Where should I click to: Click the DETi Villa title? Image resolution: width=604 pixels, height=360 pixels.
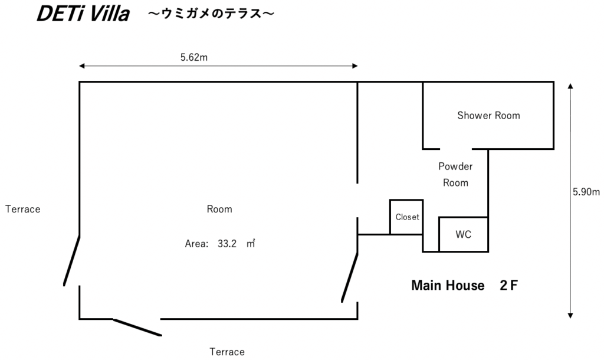click(83, 14)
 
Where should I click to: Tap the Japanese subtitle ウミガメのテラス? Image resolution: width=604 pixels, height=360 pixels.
click(211, 14)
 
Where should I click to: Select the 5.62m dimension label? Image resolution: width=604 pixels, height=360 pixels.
click(193, 57)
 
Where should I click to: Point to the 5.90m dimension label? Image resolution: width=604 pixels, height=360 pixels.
click(586, 192)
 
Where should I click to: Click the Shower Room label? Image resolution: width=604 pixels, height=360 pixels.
click(488, 115)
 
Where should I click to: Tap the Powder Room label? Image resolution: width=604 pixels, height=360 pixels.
click(455, 174)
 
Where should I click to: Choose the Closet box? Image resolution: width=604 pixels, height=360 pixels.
click(406, 217)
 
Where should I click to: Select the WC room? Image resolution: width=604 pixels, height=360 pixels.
click(464, 234)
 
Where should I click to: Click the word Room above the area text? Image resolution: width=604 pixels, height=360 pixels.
click(219, 209)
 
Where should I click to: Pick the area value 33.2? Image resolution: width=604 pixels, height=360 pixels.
click(227, 244)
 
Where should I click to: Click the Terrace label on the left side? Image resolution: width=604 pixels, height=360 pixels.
click(23, 209)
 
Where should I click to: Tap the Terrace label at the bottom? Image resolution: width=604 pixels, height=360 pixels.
click(227, 352)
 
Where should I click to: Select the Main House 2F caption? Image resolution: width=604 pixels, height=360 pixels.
click(465, 285)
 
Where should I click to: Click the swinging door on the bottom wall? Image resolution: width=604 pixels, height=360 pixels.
click(137, 328)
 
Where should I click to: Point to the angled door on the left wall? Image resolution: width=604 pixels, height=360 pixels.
click(71, 260)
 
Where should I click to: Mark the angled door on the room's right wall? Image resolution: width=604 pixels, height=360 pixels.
click(350, 277)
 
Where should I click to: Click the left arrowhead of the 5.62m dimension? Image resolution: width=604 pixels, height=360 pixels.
click(81, 66)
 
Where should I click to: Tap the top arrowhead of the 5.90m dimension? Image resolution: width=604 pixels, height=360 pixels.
click(570, 86)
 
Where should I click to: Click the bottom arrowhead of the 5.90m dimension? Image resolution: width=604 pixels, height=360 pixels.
click(570, 316)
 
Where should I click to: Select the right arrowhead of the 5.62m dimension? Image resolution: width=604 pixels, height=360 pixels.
click(355, 66)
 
